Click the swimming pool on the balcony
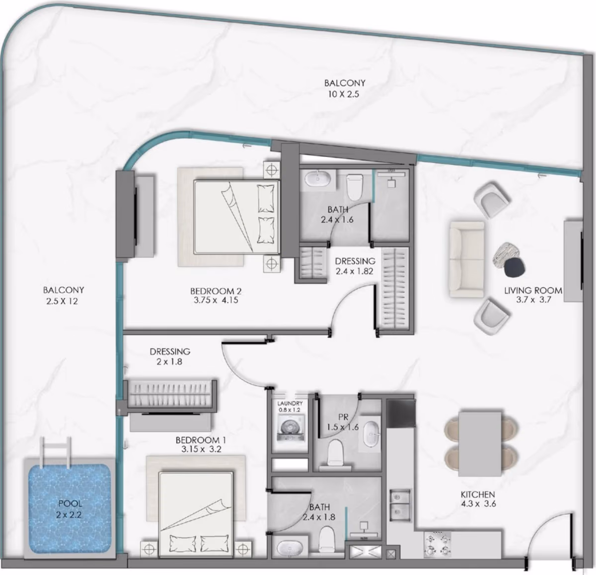(x=70, y=509)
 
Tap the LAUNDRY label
(x=290, y=403)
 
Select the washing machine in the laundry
(x=291, y=428)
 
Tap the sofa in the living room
(x=467, y=260)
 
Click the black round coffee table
(x=515, y=267)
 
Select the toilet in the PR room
(x=335, y=453)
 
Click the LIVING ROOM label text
(x=533, y=290)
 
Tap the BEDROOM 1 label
(x=201, y=440)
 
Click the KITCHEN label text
(x=478, y=495)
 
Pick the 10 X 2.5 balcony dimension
(x=344, y=94)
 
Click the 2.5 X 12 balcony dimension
(x=62, y=301)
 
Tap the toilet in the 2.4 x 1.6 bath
(x=354, y=187)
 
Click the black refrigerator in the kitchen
(x=401, y=413)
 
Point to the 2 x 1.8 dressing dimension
(x=169, y=361)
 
